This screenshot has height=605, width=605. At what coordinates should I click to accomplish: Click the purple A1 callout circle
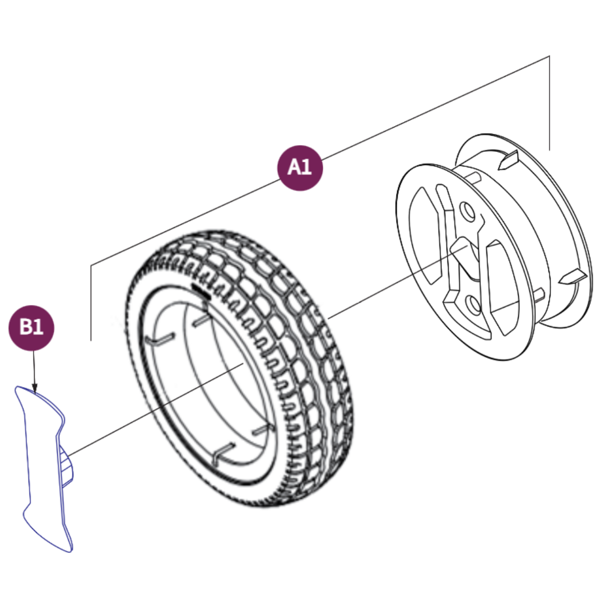[x=301, y=167]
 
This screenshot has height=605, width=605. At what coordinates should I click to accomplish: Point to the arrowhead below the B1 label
[x=34, y=388]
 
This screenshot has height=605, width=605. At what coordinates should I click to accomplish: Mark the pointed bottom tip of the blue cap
[x=71, y=550]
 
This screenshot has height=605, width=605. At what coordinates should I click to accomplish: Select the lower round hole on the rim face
[x=474, y=304]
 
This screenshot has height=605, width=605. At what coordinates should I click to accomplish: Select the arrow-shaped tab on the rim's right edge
[x=574, y=277]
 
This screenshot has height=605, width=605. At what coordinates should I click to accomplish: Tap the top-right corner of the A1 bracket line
[x=549, y=57]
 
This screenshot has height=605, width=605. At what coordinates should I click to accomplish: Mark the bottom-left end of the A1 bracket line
[x=91, y=339]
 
